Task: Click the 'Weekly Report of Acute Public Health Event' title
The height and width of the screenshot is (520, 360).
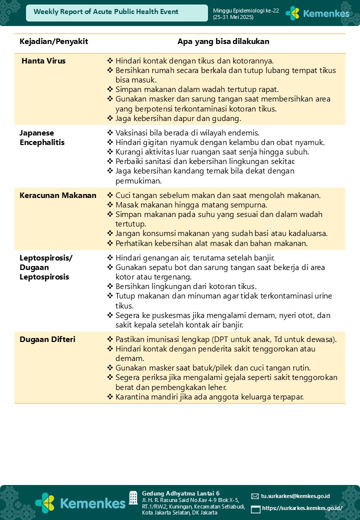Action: (x=106, y=12)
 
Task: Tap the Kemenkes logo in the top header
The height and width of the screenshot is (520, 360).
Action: (x=317, y=13)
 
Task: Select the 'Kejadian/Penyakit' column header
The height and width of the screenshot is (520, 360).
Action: (x=53, y=41)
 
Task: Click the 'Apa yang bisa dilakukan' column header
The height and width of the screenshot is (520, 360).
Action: (x=223, y=41)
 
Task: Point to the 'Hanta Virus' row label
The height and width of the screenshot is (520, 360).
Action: (x=43, y=61)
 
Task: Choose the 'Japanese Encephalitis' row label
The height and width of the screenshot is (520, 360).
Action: (x=42, y=137)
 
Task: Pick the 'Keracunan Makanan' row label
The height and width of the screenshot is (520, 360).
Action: (x=58, y=195)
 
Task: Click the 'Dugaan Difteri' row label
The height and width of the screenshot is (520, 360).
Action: (x=47, y=339)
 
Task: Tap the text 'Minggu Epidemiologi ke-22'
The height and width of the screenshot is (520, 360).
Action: (x=246, y=10)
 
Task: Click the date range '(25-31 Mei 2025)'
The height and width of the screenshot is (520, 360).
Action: (x=233, y=17)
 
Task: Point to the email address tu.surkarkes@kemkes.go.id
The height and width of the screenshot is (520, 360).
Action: (x=295, y=496)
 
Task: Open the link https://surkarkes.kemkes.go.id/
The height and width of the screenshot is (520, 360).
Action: (x=302, y=508)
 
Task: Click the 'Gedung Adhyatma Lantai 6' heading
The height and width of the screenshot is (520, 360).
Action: (x=180, y=493)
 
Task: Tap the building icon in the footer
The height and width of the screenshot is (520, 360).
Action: (x=133, y=497)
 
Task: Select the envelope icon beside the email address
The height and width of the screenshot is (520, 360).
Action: (x=255, y=496)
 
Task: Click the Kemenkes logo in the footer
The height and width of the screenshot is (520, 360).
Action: (x=80, y=502)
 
